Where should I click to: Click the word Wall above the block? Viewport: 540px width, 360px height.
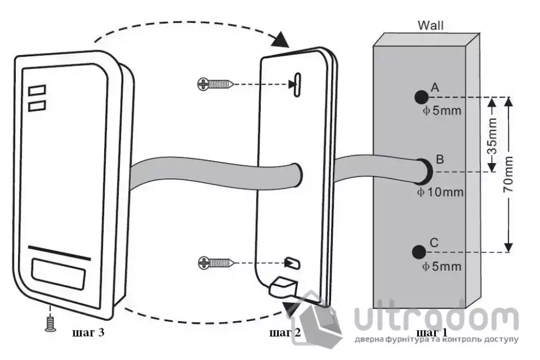[430, 25]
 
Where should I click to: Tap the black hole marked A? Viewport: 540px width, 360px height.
[421, 98]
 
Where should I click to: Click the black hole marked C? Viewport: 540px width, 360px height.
[419, 252]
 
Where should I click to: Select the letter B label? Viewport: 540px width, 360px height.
[440, 159]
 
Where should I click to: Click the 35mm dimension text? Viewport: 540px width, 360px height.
[493, 136]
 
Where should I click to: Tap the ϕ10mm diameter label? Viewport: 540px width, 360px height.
[440, 192]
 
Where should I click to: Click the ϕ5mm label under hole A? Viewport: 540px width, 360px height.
[442, 111]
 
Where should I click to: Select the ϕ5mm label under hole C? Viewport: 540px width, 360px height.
[442, 266]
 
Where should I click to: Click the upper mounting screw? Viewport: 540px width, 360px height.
[215, 84]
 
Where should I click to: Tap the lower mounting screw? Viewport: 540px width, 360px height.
[216, 263]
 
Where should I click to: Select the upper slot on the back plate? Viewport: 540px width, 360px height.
[297, 85]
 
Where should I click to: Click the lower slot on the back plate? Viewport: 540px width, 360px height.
[292, 263]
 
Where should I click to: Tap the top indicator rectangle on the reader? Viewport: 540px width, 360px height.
[37, 91]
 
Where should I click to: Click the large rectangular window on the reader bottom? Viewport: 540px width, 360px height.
[58, 273]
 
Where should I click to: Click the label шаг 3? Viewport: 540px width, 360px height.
[88, 333]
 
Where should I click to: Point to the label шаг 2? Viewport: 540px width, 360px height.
[285, 333]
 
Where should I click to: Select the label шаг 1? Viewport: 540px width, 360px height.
[432, 333]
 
